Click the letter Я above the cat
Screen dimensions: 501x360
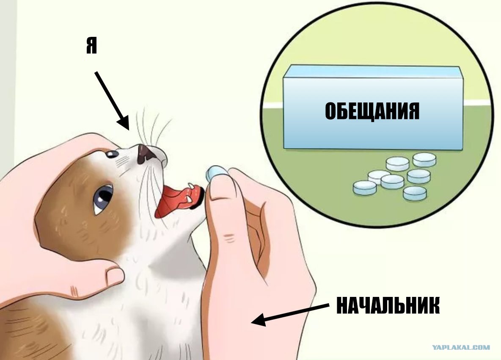[91, 45]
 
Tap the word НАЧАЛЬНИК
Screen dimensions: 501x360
[388, 305]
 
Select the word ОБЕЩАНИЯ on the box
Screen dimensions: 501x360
[372, 111]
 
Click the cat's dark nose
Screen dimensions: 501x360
[144, 154]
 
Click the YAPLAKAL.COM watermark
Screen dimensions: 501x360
[461, 348]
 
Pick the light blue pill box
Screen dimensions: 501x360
[373, 108]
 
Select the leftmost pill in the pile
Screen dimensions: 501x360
[365, 188]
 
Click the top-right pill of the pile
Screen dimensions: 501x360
[424, 160]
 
